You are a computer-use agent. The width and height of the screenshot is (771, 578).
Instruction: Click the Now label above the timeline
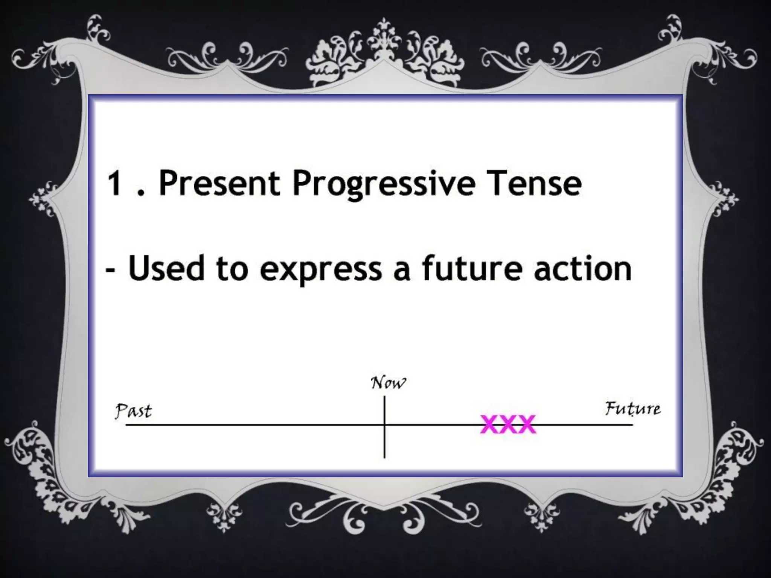pos(388,383)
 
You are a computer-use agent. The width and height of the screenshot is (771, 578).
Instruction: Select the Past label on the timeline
pos(134,411)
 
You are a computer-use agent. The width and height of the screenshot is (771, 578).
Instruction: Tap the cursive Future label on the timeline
pos(632,409)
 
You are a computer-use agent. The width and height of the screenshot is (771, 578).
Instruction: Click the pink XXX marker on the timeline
pos(508,424)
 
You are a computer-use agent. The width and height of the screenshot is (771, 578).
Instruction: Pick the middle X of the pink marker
pos(508,424)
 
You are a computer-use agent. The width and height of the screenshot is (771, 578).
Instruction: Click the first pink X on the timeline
pos(490,424)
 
